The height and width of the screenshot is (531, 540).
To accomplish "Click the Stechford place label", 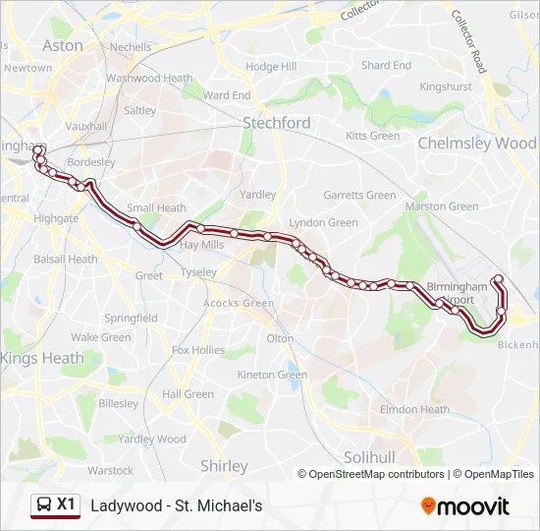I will coord(276,123).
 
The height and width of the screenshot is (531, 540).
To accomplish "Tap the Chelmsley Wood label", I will coord(477,143).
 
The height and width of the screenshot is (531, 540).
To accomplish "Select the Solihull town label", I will coord(369,457).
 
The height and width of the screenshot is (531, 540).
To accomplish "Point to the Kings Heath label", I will coord(42,358).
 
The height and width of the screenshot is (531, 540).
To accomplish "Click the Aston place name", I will coord(63,45).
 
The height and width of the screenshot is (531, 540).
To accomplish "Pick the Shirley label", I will coord(224,465).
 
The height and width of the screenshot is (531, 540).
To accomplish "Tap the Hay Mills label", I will coord(202,244).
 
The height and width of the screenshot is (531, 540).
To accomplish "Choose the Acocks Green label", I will coord(239,304).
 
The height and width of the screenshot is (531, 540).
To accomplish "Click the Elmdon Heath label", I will coord(414,410).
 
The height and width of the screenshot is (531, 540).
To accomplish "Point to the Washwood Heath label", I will coord(148,78).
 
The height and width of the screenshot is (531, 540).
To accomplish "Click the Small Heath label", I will coord(156,207).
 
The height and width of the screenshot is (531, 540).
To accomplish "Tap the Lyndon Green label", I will coord(323,223).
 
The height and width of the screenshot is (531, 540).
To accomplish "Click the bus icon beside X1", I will coord(44,505).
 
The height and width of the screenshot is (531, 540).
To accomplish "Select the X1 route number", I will coord(66,504).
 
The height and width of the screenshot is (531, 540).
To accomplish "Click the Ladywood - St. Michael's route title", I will coord(177,505).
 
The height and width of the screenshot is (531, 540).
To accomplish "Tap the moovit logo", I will coord(465,506).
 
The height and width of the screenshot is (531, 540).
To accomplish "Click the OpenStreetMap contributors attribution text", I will coord(376,474).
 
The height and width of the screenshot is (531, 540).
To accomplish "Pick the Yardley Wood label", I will coord(151,440).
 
